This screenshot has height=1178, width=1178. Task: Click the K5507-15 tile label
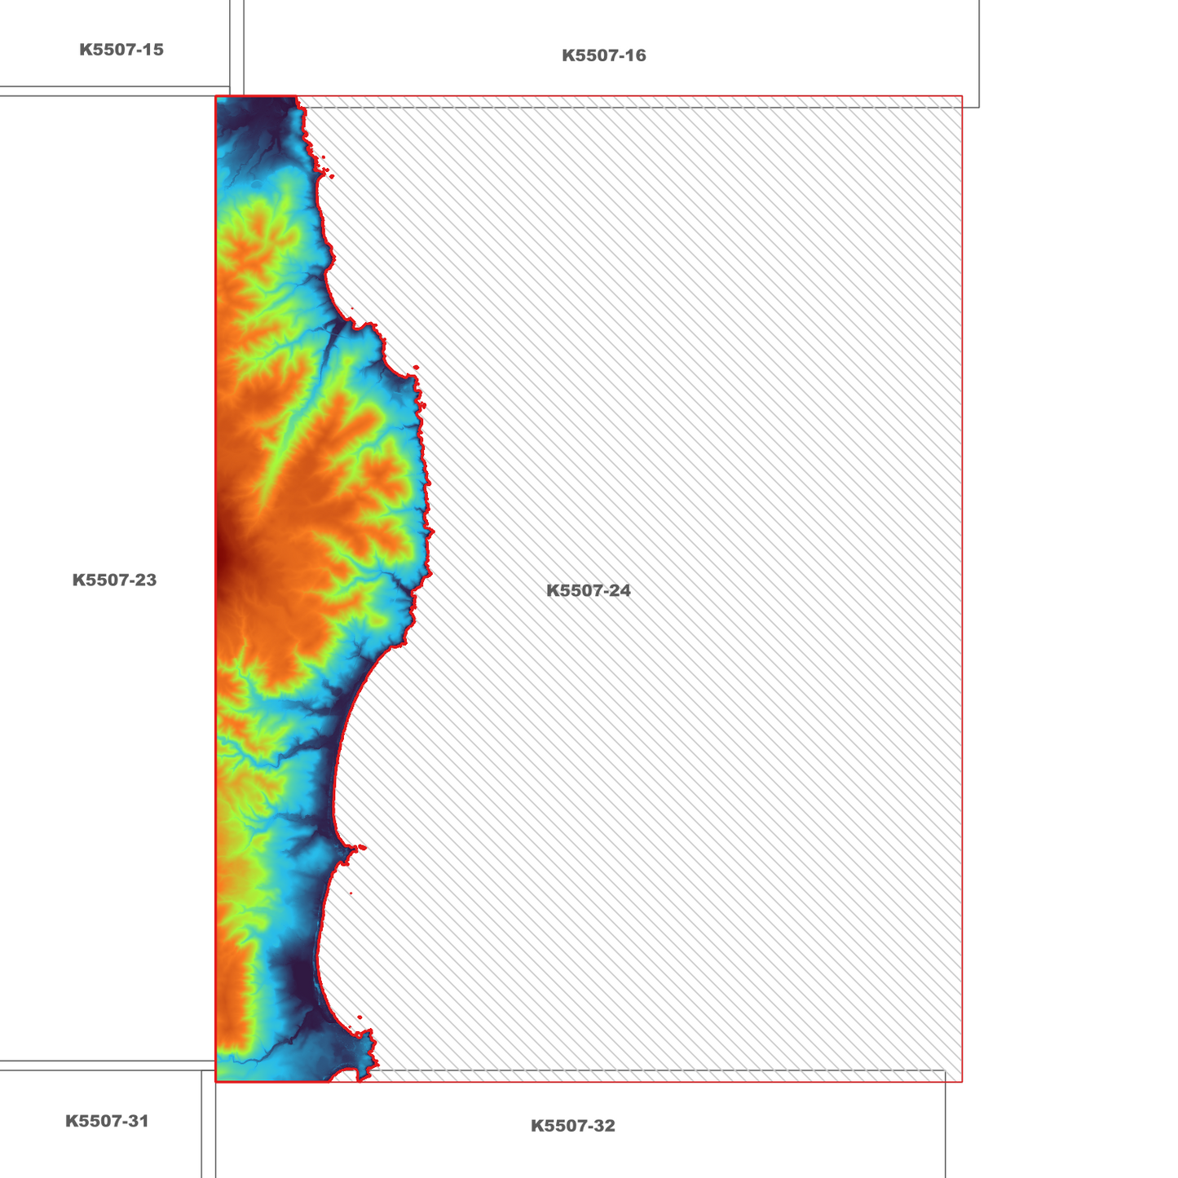[x=121, y=50]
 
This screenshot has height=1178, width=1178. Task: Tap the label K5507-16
[x=604, y=55]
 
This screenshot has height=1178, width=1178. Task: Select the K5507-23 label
[x=114, y=580]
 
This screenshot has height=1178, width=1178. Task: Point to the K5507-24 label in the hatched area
[x=589, y=590]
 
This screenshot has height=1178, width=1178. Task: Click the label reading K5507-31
[x=107, y=1121]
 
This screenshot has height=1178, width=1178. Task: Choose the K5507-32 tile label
[x=573, y=1126]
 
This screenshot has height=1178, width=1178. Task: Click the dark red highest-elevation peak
[x=221, y=558]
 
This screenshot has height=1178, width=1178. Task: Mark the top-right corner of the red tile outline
[x=962, y=96]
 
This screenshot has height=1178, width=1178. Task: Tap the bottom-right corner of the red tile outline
[x=962, y=1082]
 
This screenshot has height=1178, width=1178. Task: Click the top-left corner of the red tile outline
[x=216, y=96]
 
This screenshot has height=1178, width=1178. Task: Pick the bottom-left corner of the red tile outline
[x=216, y=1082]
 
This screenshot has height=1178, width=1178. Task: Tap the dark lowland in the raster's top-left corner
[x=236, y=114]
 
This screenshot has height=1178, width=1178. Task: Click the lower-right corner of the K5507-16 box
[x=979, y=107]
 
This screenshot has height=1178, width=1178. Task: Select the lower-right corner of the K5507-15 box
[x=230, y=86]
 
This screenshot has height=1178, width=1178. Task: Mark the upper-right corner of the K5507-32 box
[x=945, y=1070]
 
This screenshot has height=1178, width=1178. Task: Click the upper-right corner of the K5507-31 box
[x=201, y=1070]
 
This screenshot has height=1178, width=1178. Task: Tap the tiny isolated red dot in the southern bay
[x=351, y=893]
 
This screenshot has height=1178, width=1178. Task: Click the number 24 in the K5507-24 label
[x=619, y=590]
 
